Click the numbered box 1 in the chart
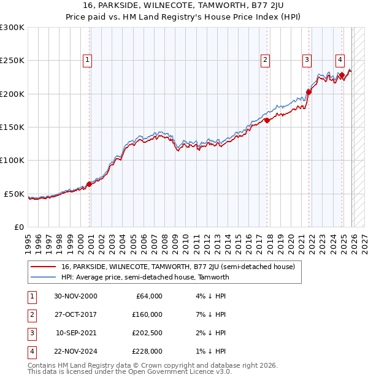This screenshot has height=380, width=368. [x=88, y=60]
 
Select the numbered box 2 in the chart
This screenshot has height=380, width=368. [x=265, y=60]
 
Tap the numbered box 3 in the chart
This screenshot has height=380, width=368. [x=305, y=60]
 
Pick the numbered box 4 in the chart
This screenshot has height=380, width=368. [x=339, y=60]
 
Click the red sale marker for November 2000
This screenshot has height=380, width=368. [x=89, y=184]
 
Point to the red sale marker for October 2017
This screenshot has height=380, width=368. [x=267, y=121]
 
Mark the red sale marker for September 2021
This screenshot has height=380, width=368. [x=308, y=93]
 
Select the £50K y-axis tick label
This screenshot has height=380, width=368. [x=14, y=194]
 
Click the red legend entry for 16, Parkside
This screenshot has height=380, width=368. [x=178, y=267]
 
